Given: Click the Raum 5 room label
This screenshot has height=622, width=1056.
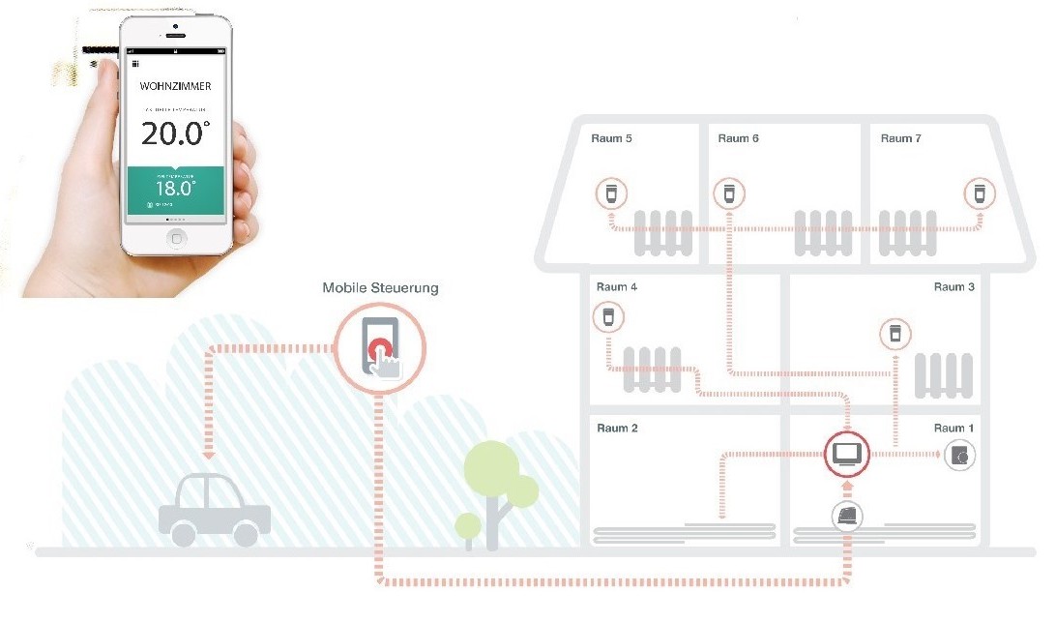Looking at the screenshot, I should [611, 138].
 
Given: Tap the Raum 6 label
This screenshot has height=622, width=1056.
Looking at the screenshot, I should [738, 138].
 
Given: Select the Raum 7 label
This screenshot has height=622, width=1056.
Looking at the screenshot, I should [900, 138].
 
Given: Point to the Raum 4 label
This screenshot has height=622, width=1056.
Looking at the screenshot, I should [617, 287].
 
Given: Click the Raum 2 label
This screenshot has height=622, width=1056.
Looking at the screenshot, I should [617, 429].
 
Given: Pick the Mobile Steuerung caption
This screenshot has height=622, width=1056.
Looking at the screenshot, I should [380, 288].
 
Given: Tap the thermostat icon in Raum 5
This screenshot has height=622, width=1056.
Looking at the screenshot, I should [609, 193].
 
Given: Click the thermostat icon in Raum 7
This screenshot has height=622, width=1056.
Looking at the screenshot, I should [979, 193].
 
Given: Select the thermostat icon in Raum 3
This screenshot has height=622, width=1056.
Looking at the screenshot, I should [895, 335].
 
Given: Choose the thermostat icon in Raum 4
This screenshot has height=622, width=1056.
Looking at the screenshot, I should [608, 316].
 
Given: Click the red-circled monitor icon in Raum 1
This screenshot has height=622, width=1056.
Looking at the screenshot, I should [847, 452].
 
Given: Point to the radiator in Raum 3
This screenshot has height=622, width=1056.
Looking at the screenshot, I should [942, 374].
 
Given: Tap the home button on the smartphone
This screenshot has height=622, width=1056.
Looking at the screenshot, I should [176, 237].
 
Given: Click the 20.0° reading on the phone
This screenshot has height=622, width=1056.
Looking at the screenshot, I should [175, 133].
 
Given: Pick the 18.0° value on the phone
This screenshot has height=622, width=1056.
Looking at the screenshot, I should [176, 188].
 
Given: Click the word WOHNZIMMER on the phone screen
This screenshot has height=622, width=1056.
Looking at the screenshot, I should [175, 86].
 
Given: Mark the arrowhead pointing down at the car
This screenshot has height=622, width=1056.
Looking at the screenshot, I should [207, 453].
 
